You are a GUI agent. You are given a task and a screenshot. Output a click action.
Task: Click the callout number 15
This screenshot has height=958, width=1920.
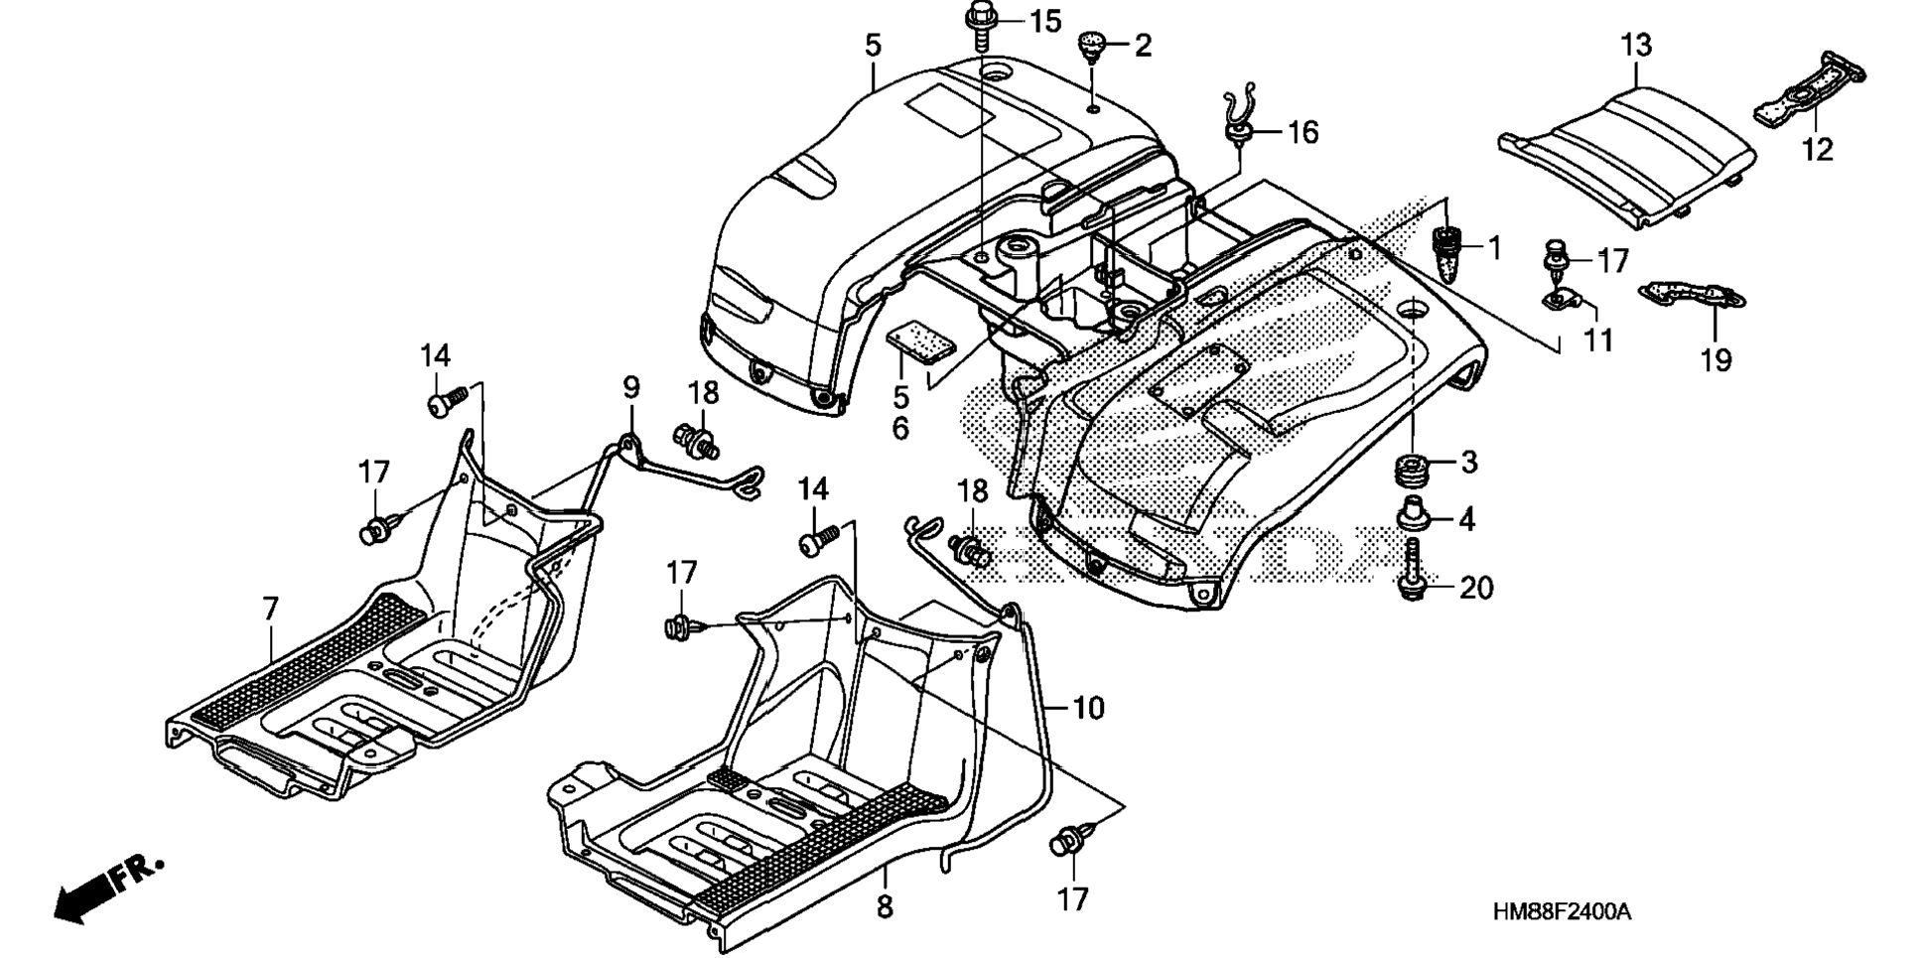click(x=1044, y=21)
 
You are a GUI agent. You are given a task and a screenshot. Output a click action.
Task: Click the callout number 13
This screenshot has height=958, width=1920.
click(x=1636, y=45)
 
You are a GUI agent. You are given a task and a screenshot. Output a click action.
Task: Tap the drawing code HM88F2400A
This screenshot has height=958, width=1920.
click(x=1561, y=912)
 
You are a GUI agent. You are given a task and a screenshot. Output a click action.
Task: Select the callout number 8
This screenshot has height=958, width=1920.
click(x=885, y=905)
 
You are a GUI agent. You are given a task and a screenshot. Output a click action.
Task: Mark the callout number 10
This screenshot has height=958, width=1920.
click(x=1088, y=708)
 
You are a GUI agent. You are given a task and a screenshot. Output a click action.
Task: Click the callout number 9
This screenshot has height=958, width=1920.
click(x=631, y=387)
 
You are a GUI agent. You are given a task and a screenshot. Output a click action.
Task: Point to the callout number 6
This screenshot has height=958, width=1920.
click(x=900, y=429)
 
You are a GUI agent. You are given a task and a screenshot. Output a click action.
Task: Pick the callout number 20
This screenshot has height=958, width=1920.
click(x=1476, y=588)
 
